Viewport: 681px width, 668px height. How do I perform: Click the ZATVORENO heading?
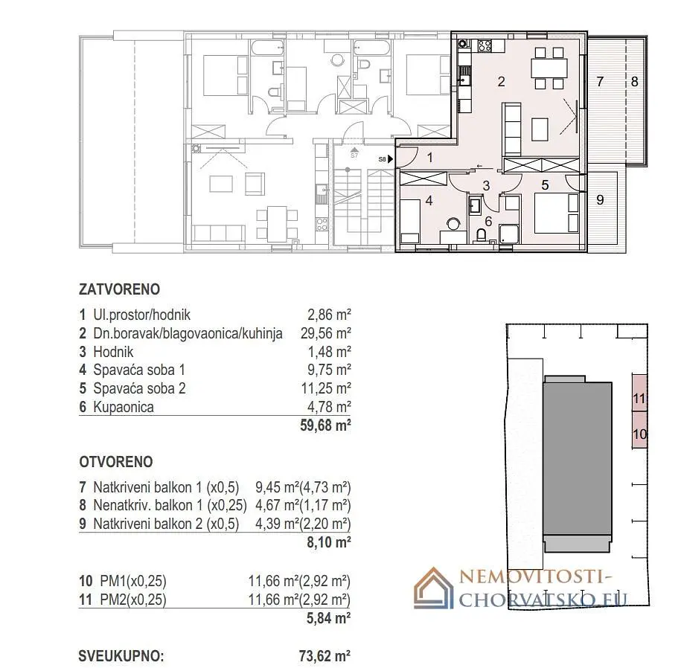(x=119, y=289)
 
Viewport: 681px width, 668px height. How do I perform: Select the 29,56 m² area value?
(x=325, y=333)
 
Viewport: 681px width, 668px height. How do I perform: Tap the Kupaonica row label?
(x=124, y=407)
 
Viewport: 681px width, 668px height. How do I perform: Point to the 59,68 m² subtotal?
(x=325, y=425)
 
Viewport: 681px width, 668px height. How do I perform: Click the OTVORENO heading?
(x=116, y=462)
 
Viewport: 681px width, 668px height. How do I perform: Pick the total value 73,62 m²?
(x=324, y=656)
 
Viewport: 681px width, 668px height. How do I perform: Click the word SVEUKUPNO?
(x=121, y=656)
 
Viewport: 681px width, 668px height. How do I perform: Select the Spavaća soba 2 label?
(x=139, y=388)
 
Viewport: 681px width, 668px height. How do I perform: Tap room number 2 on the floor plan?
(x=501, y=82)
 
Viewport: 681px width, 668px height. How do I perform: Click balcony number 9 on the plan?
(x=600, y=199)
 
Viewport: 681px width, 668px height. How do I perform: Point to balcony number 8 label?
(x=635, y=82)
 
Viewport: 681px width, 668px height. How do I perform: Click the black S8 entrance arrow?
(x=391, y=159)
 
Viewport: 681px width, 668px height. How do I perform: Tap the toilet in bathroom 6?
(x=482, y=236)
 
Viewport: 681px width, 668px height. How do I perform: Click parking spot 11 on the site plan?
(x=639, y=393)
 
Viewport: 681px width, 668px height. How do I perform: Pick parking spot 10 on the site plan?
(x=639, y=430)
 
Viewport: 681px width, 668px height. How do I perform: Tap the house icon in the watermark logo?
(x=433, y=588)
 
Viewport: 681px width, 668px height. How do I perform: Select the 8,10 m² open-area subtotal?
(x=329, y=542)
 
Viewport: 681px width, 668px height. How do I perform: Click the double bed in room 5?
(x=557, y=213)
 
